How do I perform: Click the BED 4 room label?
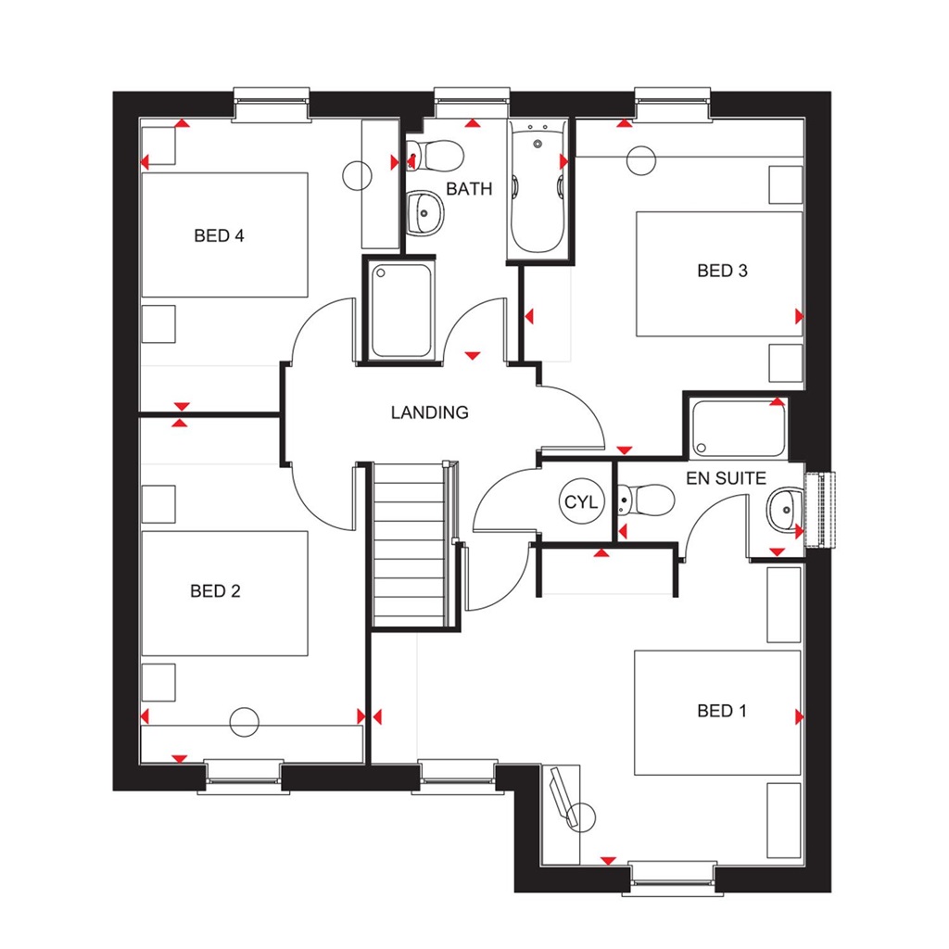[x=219, y=235]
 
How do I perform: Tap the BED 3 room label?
[x=722, y=271]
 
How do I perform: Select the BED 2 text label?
[x=215, y=590]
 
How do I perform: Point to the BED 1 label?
[x=722, y=711]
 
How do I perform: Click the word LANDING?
[x=429, y=412]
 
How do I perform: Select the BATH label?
[x=469, y=189]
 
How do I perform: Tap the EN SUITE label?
[x=726, y=479]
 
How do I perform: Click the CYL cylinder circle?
[x=582, y=503]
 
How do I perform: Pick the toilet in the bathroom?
[x=436, y=154]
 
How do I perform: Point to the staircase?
[x=410, y=547]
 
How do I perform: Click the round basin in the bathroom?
[x=425, y=212]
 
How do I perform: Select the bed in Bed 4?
[x=224, y=235]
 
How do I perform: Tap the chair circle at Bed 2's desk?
[x=245, y=720]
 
